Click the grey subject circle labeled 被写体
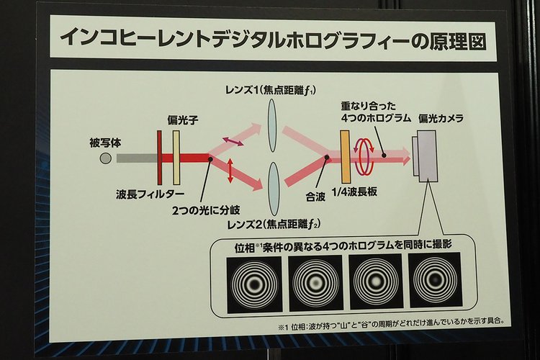(105, 158)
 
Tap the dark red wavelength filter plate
(160, 158)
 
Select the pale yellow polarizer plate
(176, 158)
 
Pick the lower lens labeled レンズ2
(274, 189)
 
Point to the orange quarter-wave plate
(346, 157)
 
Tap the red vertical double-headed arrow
(230, 171)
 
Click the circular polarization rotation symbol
(364, 156)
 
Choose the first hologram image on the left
(254, 284)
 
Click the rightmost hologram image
(435, 280)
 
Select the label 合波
(315, 197)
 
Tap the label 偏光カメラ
(441, 118)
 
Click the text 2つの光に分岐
(206, 210)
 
